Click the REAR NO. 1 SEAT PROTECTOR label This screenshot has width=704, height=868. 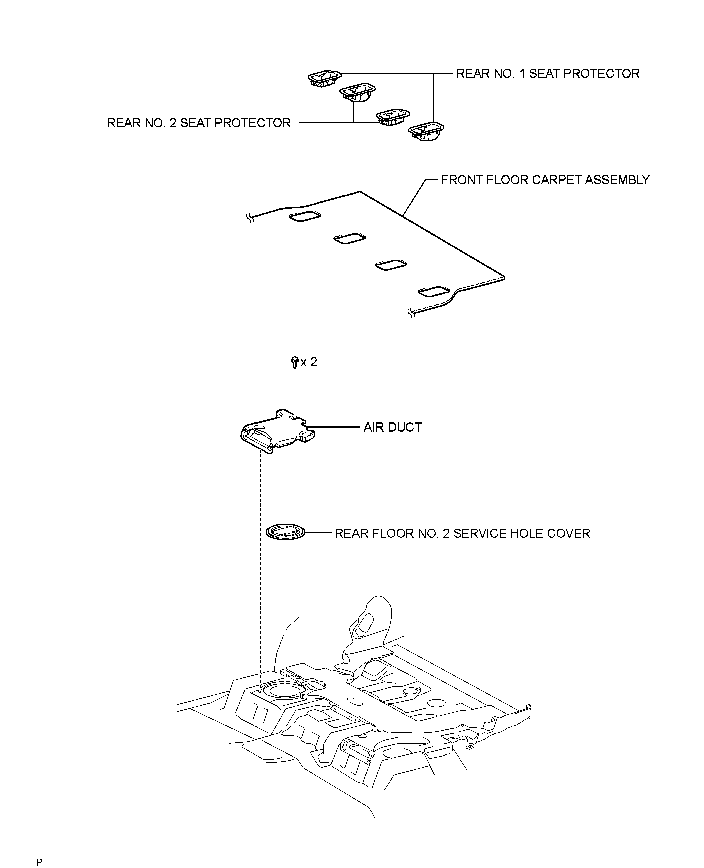click(548, 74)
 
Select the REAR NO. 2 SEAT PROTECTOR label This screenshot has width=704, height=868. click(199, 123)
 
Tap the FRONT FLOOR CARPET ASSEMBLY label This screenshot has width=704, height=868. click(545, 180)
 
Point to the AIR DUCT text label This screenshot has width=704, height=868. click(392, 427)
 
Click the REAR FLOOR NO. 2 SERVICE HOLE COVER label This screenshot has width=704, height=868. click(462, 533)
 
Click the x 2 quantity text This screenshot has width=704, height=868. click(309, 362)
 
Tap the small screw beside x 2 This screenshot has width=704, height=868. click(294, 361)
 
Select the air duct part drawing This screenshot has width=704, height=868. click(277, 431)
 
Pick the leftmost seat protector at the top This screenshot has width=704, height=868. click(324, 78)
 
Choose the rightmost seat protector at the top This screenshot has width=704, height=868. click(427, 131)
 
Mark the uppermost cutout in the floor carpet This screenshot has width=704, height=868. click(305, 216)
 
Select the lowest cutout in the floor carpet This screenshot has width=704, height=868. click(433, 291)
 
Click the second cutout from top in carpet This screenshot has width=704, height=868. click(349, 239)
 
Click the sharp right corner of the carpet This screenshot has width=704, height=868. click(504, 277)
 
